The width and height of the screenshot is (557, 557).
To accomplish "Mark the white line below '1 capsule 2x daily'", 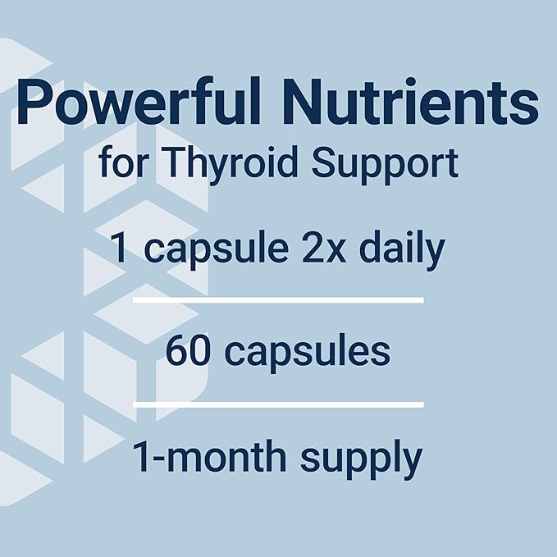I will pos(278,301).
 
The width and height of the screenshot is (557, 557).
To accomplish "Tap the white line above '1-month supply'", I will pos(278,404).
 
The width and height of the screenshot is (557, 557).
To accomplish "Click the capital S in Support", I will pos(328,164).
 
